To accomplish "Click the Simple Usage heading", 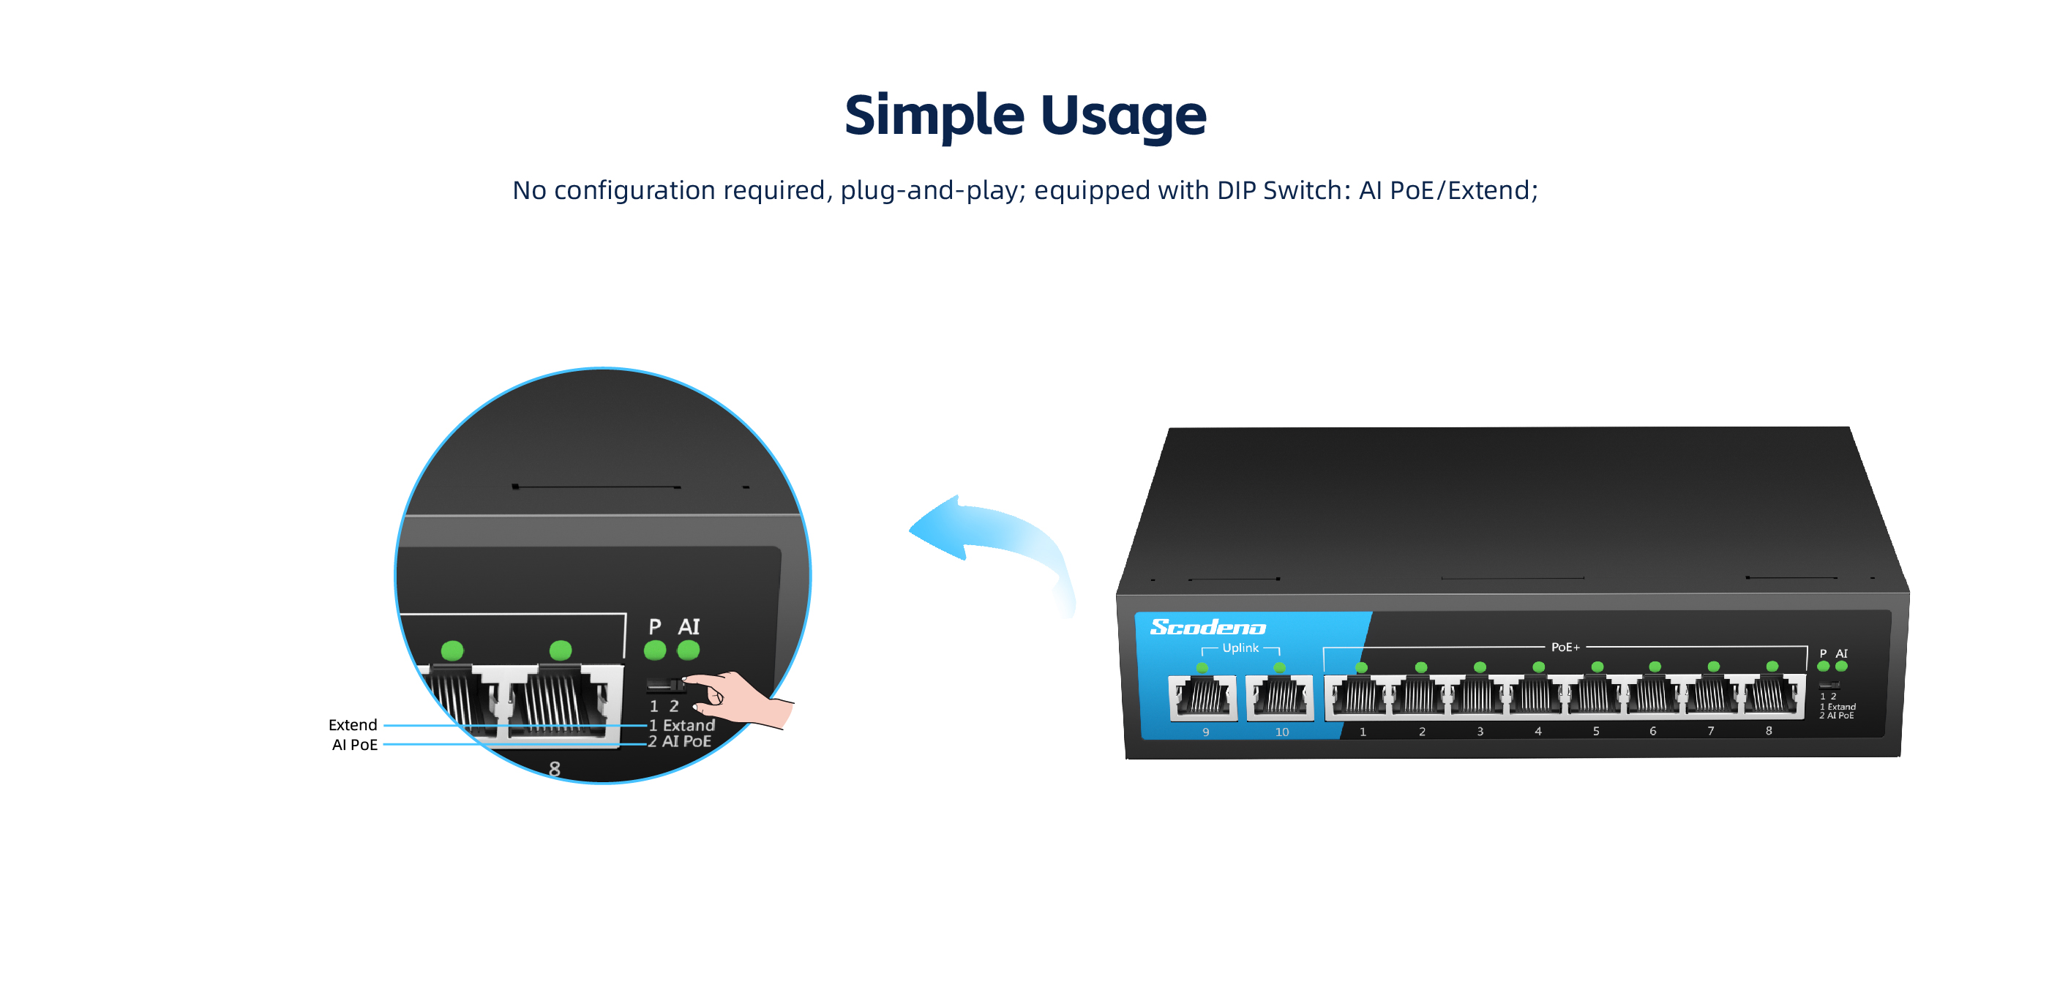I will (x=1024, y=116).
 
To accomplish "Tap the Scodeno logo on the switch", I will (x=1207, y=628).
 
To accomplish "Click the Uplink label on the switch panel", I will (x=1240, y=648).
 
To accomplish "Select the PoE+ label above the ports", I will (x=1565, y=648).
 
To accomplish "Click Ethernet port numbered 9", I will (x=1202, y=697).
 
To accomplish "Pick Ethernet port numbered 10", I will (x=1279, y=697).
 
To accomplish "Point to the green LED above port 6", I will (x=1655, y=667).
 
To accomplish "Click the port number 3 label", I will (x=1480, y=732).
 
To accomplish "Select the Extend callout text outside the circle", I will (x=353, y=725).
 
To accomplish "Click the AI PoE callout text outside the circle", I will (x=354, y=745).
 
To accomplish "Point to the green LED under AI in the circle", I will (x=688, y=650).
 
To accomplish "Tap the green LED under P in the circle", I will (x=655, y=650).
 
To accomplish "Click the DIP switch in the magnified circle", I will (x=665, y=685).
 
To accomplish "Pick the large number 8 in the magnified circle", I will (x=555, y=769).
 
